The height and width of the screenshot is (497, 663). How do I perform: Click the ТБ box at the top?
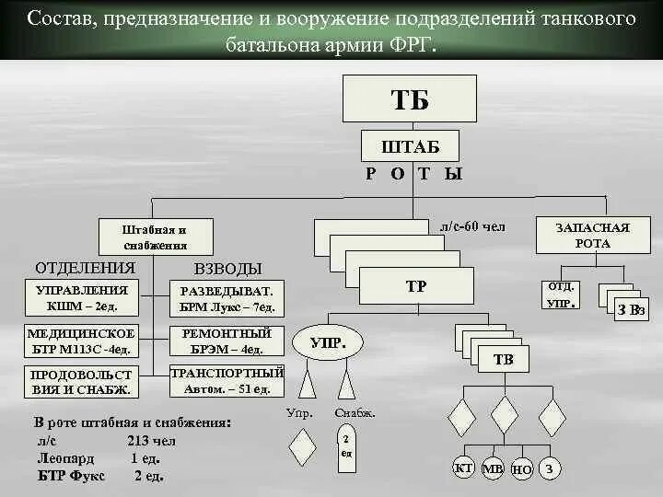coord(410,98)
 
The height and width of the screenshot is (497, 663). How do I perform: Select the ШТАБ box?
coord(410,147)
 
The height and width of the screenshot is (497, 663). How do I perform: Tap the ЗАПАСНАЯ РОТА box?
coord(579,235)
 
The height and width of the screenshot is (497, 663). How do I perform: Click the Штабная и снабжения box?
coord(156,237)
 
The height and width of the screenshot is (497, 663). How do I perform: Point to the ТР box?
coord(416,286)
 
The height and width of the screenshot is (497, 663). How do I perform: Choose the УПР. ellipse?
coord(327,343)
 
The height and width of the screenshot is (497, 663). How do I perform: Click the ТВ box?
coord(504,359)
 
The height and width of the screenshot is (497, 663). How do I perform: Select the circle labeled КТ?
coord(464,468)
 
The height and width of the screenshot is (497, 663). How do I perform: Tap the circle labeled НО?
coord(522,468)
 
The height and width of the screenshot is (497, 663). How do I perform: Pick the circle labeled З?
coord(549,468)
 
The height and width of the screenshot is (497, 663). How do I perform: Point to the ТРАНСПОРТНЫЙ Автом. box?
coord(227,381)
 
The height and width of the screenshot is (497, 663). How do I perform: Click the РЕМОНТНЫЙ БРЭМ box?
coord(227,341)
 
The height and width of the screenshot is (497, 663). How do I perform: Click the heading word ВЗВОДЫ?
coord(227,269)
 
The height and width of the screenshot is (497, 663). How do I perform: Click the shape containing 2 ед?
coord(346,446)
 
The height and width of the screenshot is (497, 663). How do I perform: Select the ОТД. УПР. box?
coord(562,295)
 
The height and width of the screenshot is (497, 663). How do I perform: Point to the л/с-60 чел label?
coord(471,226)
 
